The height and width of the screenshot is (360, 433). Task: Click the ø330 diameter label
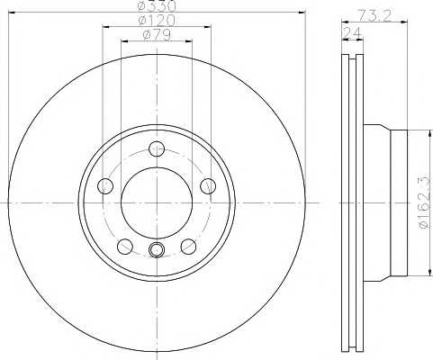pos(157,6)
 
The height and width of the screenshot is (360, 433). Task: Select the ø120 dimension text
pos(157,21)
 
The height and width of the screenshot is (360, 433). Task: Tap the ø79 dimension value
pos(157,35)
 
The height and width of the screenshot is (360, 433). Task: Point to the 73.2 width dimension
pos(374,15)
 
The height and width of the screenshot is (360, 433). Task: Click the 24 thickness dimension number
pos(353,33)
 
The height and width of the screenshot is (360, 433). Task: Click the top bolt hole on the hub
pos(157,148)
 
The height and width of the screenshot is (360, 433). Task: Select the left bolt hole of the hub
pos(105,186)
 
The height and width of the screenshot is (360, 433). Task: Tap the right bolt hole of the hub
pos(208,186)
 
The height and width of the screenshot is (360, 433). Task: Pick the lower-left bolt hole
pos(125,247)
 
